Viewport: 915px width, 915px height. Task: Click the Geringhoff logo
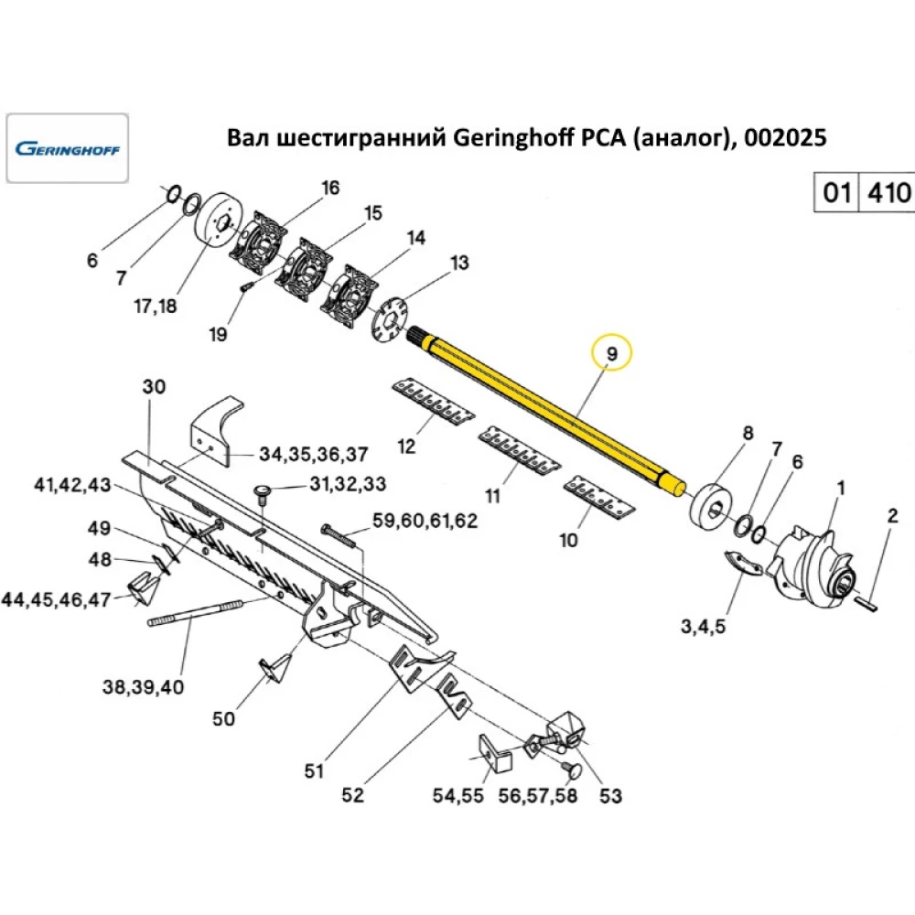pos(69,147)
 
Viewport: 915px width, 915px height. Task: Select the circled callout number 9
pos(612,351)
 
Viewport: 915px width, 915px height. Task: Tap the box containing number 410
pos(888,193)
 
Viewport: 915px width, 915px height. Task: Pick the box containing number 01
pos(836,193)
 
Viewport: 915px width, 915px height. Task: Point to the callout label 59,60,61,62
pos(425,522)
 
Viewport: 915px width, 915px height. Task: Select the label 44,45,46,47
pos(56,600)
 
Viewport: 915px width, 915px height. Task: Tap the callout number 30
pos(154,387)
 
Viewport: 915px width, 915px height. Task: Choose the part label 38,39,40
pos(145,685)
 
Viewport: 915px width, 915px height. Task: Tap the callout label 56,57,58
pos(538,795)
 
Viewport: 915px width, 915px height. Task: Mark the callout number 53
pos(610,796)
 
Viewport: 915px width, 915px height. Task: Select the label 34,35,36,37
pos(314,455)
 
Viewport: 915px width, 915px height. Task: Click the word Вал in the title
pos(244,138)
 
